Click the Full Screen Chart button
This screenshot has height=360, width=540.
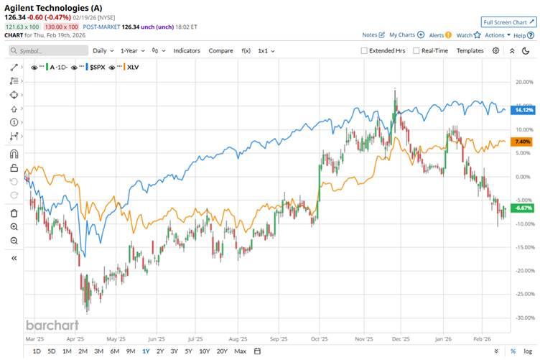pos(508,22)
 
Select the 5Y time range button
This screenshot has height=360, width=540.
pos(188,351)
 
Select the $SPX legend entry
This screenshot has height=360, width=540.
pos(96,66)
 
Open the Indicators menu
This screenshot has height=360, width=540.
pos(187,51)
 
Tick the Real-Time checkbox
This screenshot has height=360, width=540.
pos(416,51)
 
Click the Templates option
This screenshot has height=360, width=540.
pos(470,51)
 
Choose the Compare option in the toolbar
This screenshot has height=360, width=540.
pos(220,51)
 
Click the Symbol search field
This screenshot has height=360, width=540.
pos(47,51)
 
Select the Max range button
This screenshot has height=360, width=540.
pos(240,351)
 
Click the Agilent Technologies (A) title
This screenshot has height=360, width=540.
pos(53,8)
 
